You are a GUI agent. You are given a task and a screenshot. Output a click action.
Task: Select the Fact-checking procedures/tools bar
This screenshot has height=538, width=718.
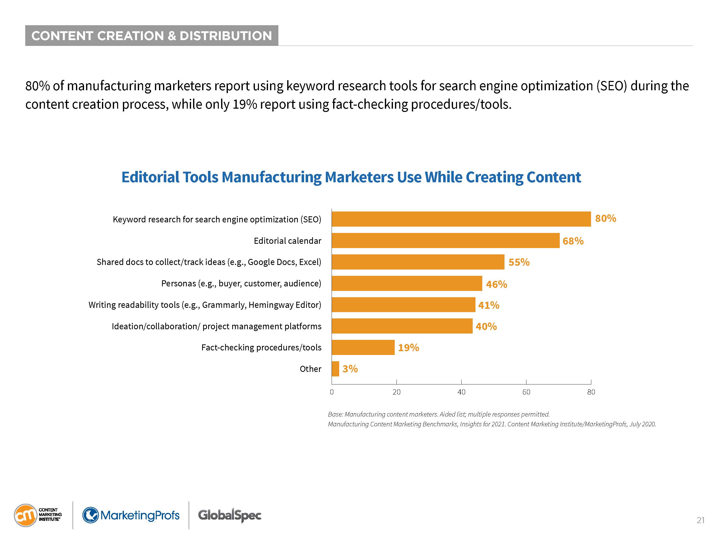[363, 347]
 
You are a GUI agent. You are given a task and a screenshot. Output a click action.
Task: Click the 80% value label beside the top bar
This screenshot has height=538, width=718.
[605, 218]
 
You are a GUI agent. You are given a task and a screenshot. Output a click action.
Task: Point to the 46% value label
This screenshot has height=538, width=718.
[496, 284]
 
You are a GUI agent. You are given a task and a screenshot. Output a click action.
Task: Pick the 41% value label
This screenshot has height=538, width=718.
[489, 305]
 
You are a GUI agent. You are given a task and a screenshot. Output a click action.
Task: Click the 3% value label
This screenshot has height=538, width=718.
[350, 369]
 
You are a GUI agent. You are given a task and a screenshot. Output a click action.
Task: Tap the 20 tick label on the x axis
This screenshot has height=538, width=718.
[396, 392]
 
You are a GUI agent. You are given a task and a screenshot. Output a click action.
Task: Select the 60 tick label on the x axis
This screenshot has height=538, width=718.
[526, 392]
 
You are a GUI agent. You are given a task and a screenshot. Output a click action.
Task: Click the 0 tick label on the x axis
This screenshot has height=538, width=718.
[332, 392]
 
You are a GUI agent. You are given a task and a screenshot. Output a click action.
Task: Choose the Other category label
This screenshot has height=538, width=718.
[310, 369]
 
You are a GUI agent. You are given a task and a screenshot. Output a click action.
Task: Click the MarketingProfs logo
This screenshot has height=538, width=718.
[131, 515]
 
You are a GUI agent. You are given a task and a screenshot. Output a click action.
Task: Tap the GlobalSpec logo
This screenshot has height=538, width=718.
[229, 515]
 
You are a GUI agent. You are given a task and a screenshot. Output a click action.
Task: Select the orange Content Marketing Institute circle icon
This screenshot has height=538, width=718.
[25, 515]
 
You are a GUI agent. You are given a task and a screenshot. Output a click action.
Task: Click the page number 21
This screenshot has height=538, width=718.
[701, 520]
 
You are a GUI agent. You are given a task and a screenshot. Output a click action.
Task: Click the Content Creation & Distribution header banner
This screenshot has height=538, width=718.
[152, 36]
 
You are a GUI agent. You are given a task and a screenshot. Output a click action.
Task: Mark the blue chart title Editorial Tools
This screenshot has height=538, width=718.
[351, 177]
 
